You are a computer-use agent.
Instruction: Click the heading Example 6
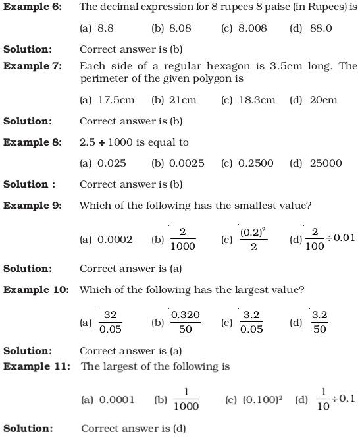pos(33,7)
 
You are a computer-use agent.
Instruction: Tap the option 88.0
pos(320,28)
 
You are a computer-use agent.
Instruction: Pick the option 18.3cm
pos(257,100)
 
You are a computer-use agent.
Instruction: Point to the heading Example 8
pos(32,142)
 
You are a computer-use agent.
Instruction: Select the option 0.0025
pos(186,163)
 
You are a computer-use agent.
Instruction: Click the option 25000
pos(326,163)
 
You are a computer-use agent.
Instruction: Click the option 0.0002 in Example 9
pos(115,240)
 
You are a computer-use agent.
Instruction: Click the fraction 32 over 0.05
pos(109,323)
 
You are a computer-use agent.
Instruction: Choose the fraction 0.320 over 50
pos(186,322)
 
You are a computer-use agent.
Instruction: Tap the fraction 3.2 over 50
pos(320,322)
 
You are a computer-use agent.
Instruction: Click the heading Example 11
pos(37,366)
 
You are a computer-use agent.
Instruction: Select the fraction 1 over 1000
pos(187,399)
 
